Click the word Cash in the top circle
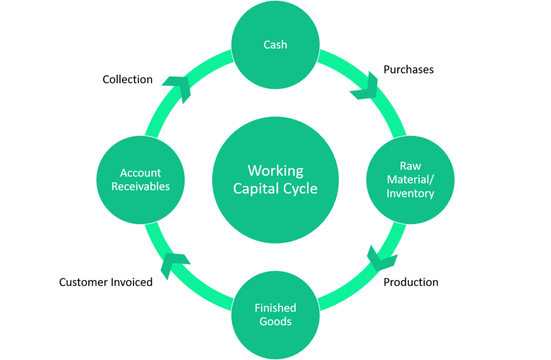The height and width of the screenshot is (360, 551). pos(275,45)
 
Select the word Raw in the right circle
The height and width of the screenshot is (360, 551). pos(410,166)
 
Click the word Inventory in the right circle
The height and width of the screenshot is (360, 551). pos(410,194)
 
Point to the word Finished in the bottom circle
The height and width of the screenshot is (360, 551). pos(275,308)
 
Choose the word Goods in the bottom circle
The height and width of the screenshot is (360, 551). pos(275,321)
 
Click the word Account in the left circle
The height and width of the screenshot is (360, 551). pos(141,173)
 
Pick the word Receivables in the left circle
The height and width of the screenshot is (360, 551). pos(141,186)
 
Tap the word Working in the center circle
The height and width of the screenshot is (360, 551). pos(275,170)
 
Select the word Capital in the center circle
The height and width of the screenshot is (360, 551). pos(257,189)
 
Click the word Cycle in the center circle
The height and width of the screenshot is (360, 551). pos(300,189)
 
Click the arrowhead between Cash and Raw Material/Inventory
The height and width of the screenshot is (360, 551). pos(365,86)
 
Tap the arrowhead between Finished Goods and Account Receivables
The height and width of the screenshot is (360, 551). pos(174,265)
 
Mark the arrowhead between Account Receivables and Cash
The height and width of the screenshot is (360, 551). pos(177,88)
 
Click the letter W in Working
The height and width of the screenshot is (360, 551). pos(254,170)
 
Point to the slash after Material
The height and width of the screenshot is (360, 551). pos(432,180)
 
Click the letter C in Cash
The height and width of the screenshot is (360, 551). pos(267,45)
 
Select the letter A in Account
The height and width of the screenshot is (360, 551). pos(124,173)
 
